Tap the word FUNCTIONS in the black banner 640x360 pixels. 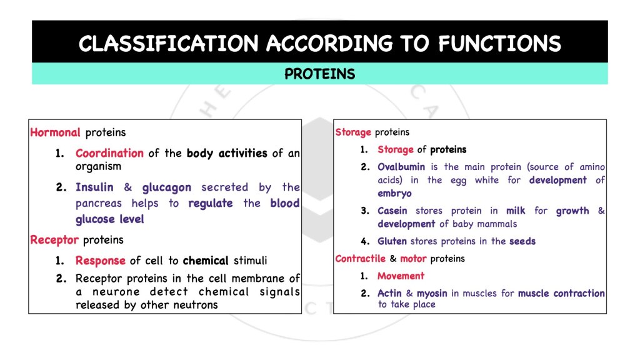coord(499,44)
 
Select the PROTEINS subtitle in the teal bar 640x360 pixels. coord(319,74)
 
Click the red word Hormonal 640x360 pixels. coord(55,132)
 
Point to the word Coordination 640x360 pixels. coord(109,153)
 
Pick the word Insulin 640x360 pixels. coord(94,187)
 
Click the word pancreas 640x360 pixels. coord(101,204)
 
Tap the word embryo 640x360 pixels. coord(394,194)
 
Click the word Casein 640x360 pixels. coord(392,211)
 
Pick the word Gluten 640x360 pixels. coord(392,241)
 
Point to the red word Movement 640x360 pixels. coord(401,276)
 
